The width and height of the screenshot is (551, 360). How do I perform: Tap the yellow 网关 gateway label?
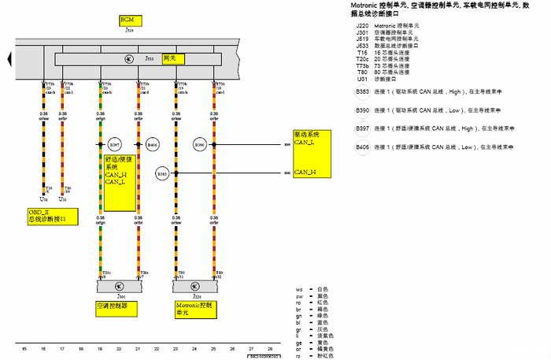coord(168,59)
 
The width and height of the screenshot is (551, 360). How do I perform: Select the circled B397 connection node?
coord(115,145)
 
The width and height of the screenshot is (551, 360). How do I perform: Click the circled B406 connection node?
coord(153,145)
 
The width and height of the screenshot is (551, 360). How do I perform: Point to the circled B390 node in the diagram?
coord(200,145)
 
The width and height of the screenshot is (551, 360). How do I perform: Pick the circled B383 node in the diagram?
coord(162,173)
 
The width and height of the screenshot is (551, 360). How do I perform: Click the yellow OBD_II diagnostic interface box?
coord(47,215)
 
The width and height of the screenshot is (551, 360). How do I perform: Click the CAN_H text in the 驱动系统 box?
coord(305,172)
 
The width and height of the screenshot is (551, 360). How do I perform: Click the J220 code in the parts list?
coord(362,26)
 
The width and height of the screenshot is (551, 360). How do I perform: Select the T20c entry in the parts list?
coord(363,58)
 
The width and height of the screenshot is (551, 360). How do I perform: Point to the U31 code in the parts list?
coord(362,78)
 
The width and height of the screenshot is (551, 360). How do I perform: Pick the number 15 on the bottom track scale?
coord(24,347)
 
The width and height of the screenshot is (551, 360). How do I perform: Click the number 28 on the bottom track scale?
coord(270,347)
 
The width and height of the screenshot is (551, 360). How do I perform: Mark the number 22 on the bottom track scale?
coord(157,347)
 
